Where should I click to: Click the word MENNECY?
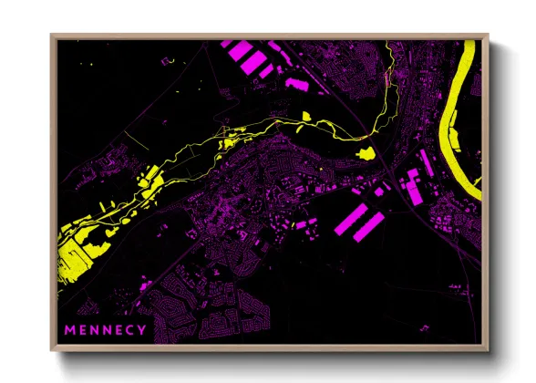tap(104, 329)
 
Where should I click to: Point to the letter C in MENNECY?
tap(129, 329)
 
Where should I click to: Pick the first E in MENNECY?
tap(81, 329)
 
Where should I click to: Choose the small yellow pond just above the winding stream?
tap(306, 115)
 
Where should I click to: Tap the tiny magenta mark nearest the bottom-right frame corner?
tap(423, 326)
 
